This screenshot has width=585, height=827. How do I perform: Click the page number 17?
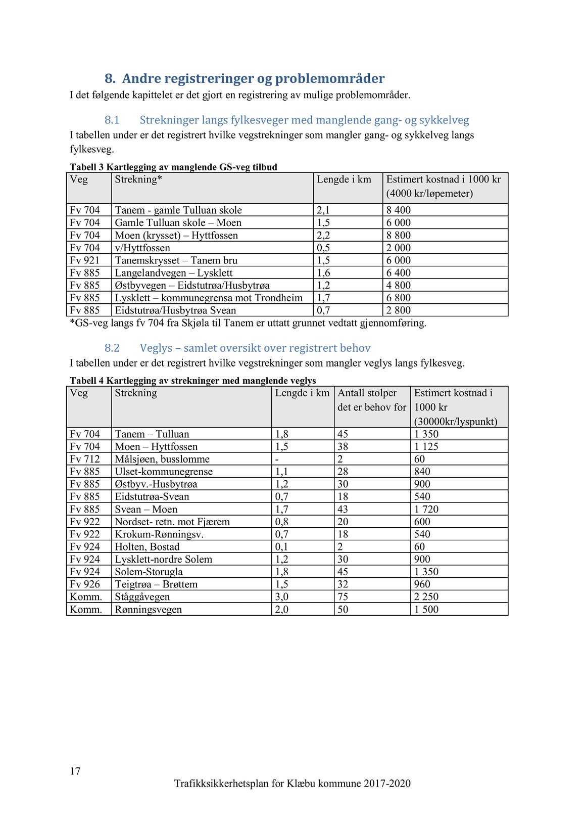[75, 771]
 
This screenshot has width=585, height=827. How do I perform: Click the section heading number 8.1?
[112, 120]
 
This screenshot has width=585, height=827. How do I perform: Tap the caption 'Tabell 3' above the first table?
[87, 167]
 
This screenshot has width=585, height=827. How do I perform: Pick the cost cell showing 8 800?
[398, 235]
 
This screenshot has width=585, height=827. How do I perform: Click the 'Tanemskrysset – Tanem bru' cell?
[176, 260]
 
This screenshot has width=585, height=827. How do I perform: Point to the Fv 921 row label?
[84, 260]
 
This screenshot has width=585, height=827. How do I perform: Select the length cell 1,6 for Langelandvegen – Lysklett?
[323, 273]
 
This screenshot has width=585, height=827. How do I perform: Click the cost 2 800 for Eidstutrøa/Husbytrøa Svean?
[398, 310]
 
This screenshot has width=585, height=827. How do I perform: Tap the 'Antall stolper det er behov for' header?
[371, 400]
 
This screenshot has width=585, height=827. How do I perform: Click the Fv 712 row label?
[84, 459]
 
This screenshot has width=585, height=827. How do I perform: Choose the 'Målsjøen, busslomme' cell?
[162, 459]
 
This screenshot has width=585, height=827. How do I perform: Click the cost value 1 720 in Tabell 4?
[426, 509]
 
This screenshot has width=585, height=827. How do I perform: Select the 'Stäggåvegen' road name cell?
[142, 596]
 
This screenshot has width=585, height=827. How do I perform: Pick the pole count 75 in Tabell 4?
[343, 596]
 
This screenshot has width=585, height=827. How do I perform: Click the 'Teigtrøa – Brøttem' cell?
[156, 584]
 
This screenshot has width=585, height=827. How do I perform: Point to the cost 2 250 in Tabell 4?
[426, 596]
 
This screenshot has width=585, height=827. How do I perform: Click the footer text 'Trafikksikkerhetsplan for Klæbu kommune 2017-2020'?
[292, 784]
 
